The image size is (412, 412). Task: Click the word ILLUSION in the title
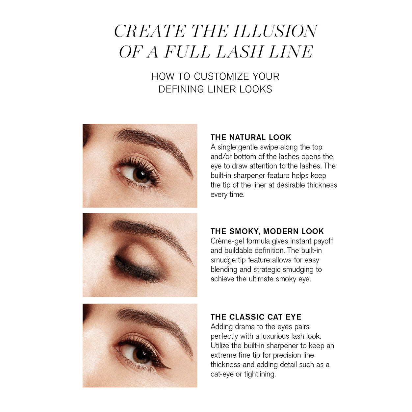pos(275,32)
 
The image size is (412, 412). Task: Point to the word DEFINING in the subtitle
pos(181,89)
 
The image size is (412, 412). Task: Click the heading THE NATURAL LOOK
pos(251,137)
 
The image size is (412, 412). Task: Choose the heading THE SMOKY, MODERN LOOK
pos(267,231)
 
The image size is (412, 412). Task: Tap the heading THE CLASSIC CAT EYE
pos(256,317)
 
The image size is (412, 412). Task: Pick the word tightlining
pos(260,374)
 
